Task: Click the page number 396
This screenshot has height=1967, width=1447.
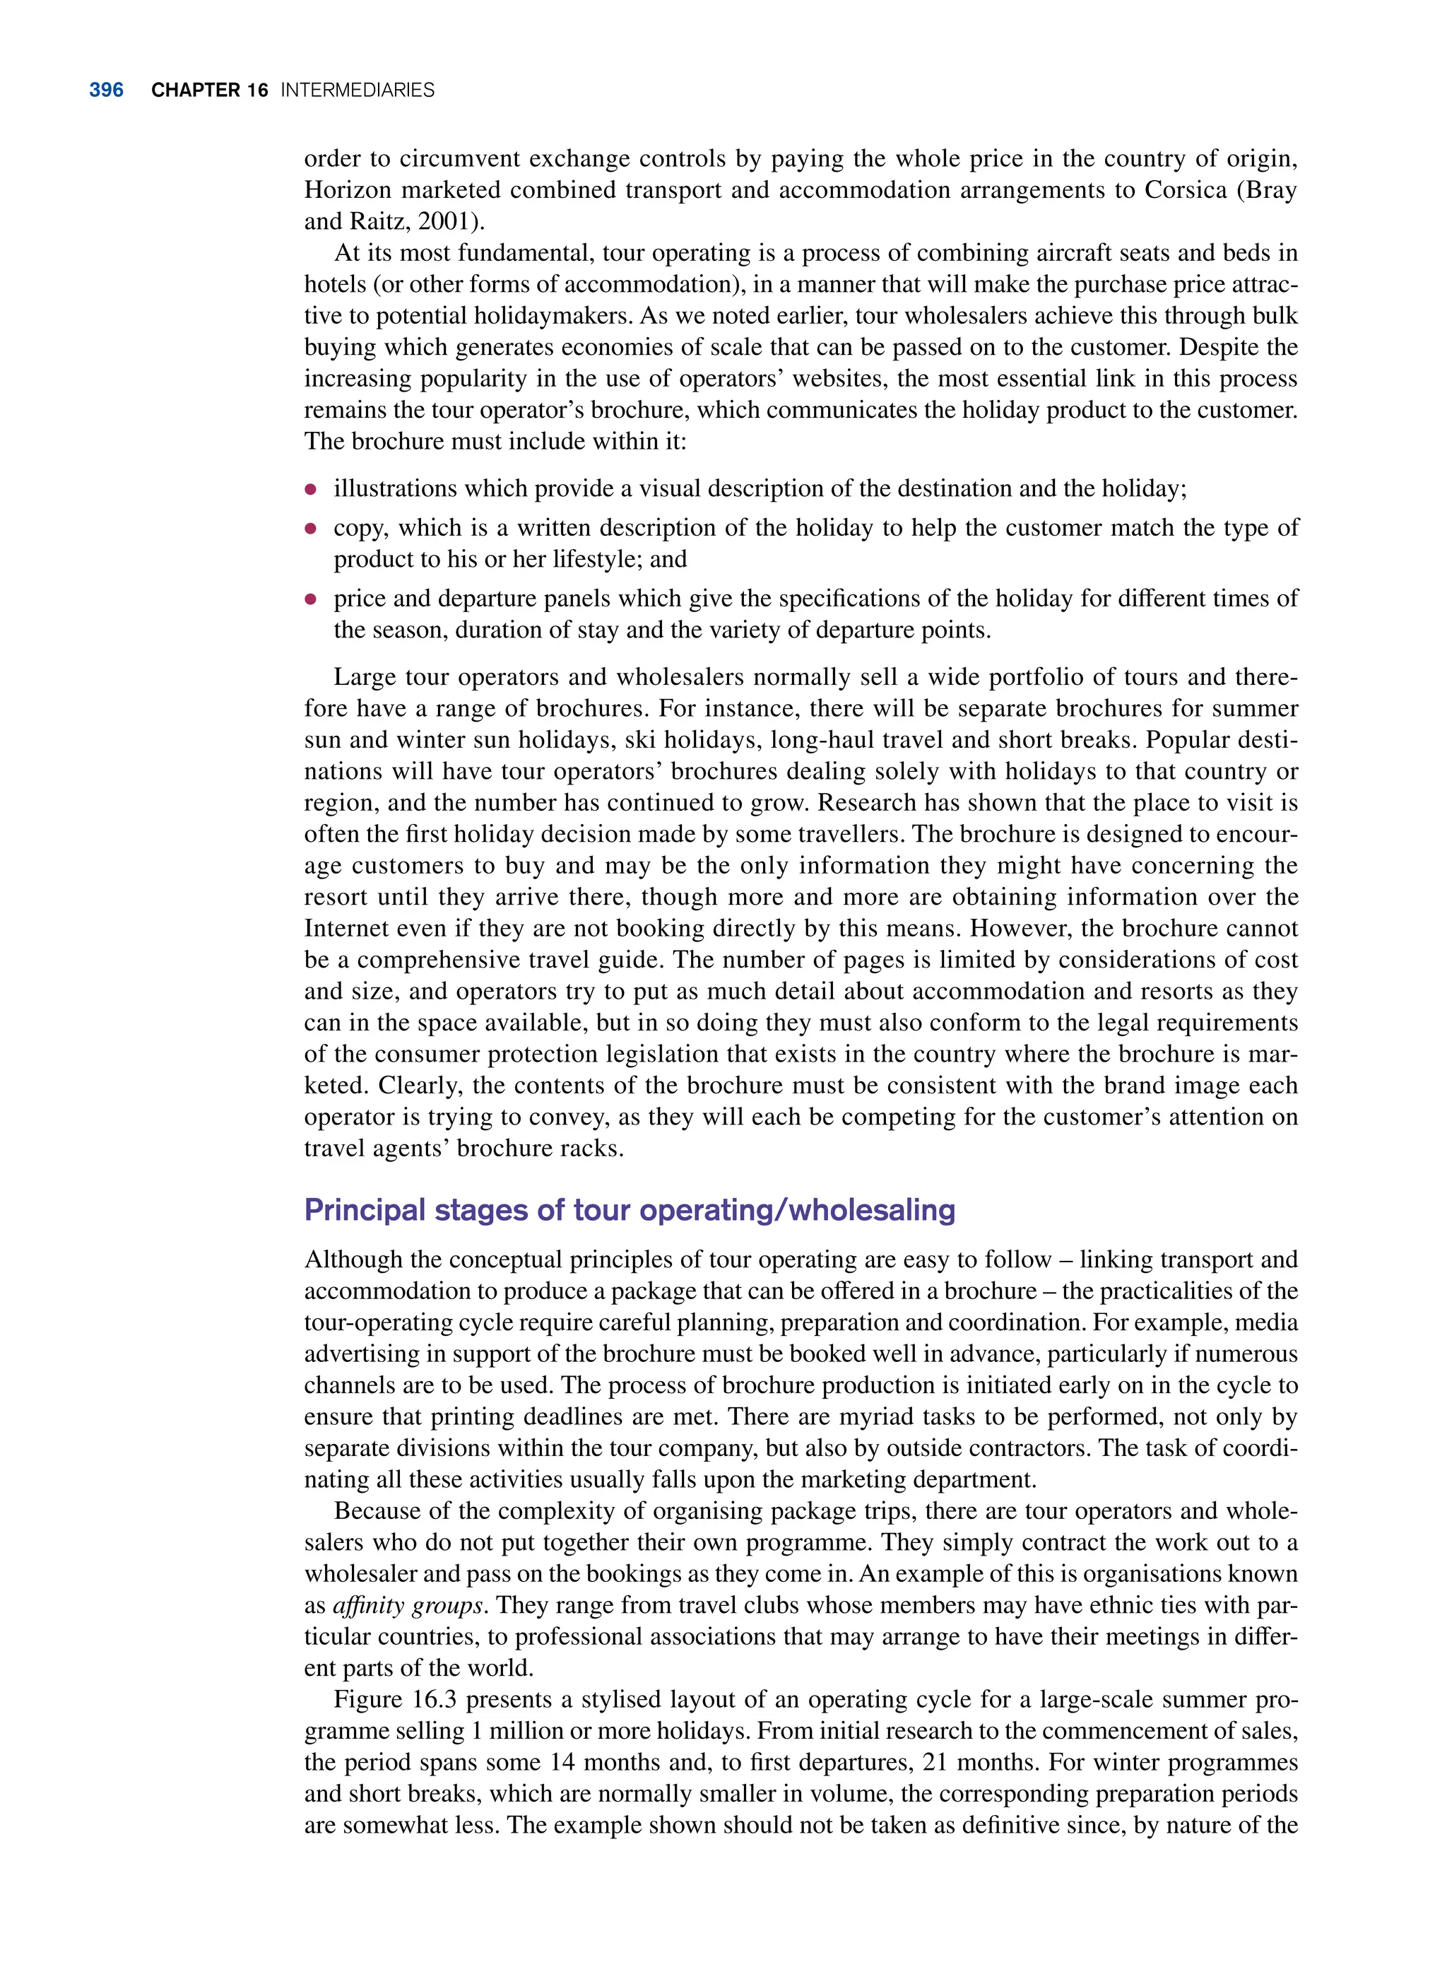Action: point(106,90)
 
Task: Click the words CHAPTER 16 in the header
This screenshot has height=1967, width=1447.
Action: point(209,90)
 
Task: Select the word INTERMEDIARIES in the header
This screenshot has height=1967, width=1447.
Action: point(358,90)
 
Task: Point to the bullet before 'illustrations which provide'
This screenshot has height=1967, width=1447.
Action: point(310,490)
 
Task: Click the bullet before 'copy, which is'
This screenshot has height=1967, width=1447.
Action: point(310,529)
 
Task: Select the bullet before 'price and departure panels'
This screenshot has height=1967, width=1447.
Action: point(310,600)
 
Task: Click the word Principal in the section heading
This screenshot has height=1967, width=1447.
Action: point(365,1210)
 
